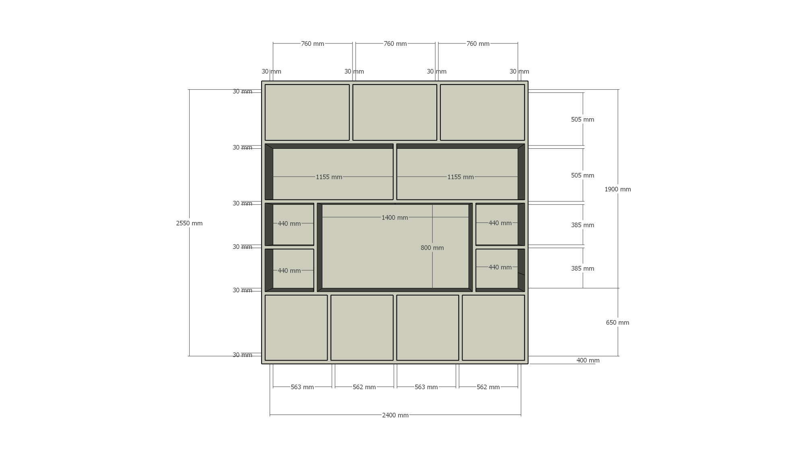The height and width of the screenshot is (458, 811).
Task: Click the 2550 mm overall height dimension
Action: tap(189, 223)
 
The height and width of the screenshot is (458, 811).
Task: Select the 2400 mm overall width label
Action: tap(395, 415)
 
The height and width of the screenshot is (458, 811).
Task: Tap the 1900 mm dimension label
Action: tap(618, 189)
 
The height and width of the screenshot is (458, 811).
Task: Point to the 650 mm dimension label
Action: tap(617, 322)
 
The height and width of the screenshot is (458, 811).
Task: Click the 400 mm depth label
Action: tap(588, 360)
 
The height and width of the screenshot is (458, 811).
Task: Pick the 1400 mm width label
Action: tap(395, 218)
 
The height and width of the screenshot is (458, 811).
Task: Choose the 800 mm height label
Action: tap(432, 248)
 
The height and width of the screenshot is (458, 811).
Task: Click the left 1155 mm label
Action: tap(329, 177)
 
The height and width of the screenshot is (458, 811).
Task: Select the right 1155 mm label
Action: tap(460, 177)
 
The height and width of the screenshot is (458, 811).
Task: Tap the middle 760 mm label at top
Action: tap(395, 43)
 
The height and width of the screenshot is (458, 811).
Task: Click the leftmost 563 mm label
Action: tap(302, 387)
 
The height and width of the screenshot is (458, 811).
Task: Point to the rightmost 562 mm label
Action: tap(488, 387)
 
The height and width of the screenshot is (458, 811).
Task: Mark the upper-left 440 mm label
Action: tap(289, 224)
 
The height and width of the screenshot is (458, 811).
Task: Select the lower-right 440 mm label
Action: tap(500, 267)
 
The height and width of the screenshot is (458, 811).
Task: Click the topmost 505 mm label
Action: tap(582, 119)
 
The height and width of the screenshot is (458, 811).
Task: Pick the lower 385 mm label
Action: tap(582, 268)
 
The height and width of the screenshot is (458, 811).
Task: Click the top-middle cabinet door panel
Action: tap(395, 112)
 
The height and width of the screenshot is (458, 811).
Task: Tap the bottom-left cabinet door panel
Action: tap(296, 328)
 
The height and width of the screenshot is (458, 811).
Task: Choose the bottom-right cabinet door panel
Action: tap(493, 328)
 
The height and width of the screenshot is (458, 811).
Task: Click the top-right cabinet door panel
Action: tap(482, 112)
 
